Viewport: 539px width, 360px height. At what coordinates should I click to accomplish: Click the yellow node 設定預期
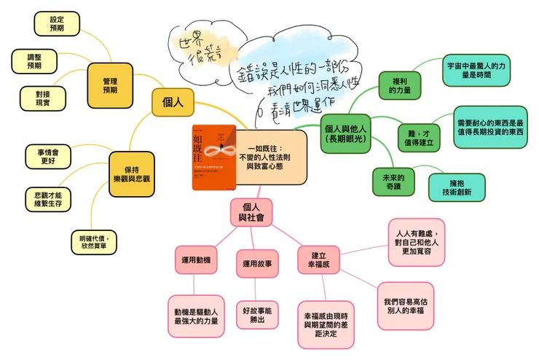click(x=56, y=23)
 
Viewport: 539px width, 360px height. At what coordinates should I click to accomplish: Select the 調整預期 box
click(x=34, y=60)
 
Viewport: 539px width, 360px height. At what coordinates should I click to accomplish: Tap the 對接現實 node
click(x=44, y=98)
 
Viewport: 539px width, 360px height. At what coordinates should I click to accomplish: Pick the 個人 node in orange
click(x=173, y=102)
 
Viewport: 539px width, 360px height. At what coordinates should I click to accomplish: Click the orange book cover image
click(x=213, y=157)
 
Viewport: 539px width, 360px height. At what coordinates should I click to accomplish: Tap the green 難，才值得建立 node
click(x=418, y=136)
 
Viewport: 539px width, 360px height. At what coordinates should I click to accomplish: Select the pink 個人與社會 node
click(x=251, y=211)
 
